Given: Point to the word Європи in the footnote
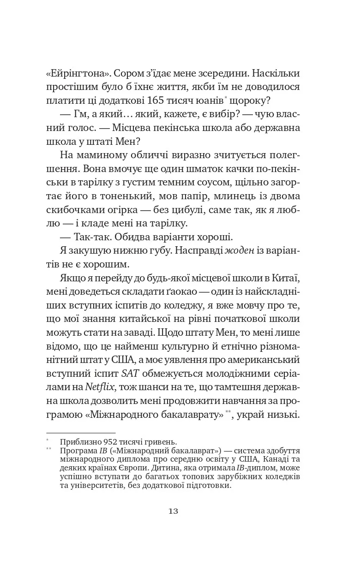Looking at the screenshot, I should click(x=121, y=468).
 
